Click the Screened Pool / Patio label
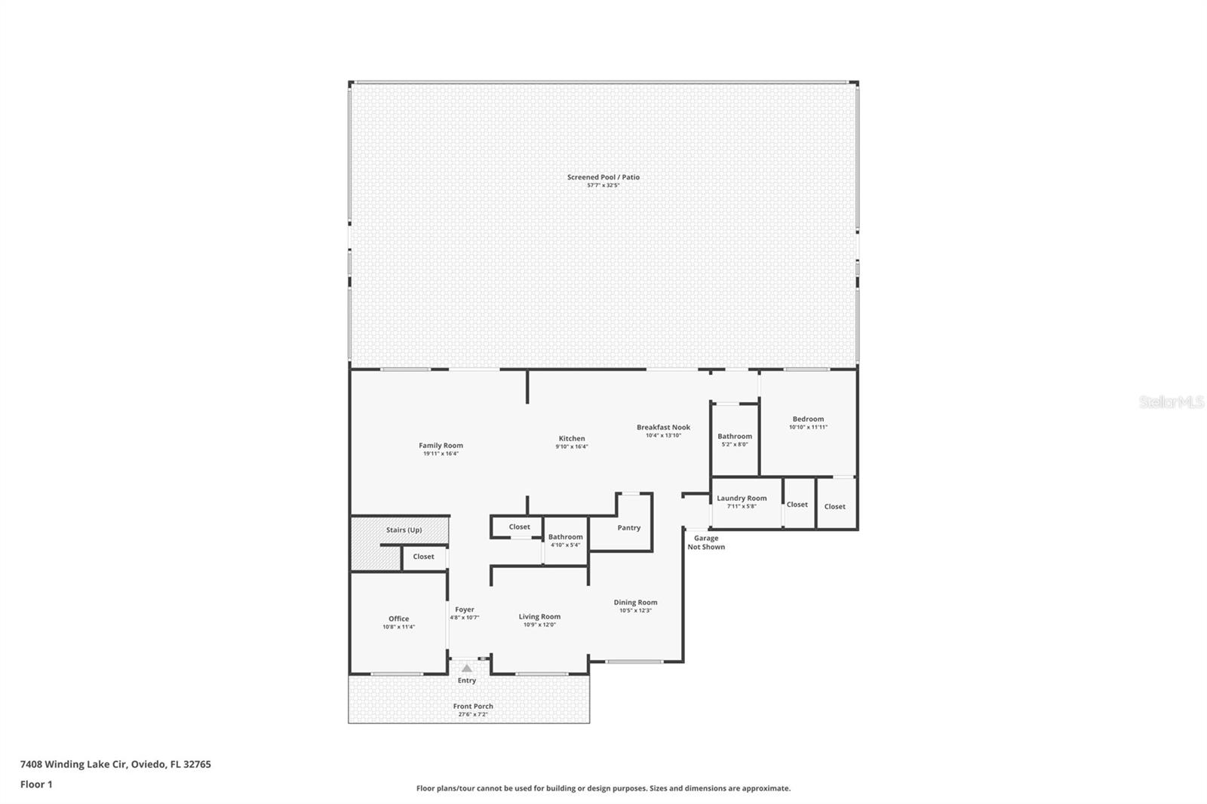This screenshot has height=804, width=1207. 603,177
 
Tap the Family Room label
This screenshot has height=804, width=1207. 441,446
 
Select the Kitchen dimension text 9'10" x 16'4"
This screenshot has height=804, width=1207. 572,446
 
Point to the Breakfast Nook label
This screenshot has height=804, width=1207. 663,427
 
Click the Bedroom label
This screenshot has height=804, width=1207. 808,419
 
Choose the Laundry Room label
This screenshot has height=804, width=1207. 742,498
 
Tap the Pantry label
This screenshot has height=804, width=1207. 628,528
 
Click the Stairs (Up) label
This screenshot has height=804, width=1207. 404,530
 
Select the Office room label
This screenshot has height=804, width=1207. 398,618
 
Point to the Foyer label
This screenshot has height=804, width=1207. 465,609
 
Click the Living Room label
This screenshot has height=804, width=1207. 539,617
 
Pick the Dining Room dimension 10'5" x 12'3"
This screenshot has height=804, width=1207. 635,610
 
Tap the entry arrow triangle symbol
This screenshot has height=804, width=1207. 467,668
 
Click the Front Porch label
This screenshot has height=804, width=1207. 473,707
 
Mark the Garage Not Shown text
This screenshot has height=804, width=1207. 706,542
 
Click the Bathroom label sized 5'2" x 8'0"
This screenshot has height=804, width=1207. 735,436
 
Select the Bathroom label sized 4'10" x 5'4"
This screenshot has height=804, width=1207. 565,537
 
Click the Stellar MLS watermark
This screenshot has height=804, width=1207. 1171,402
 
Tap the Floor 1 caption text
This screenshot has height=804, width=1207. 36,784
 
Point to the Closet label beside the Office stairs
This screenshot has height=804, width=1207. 423,557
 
